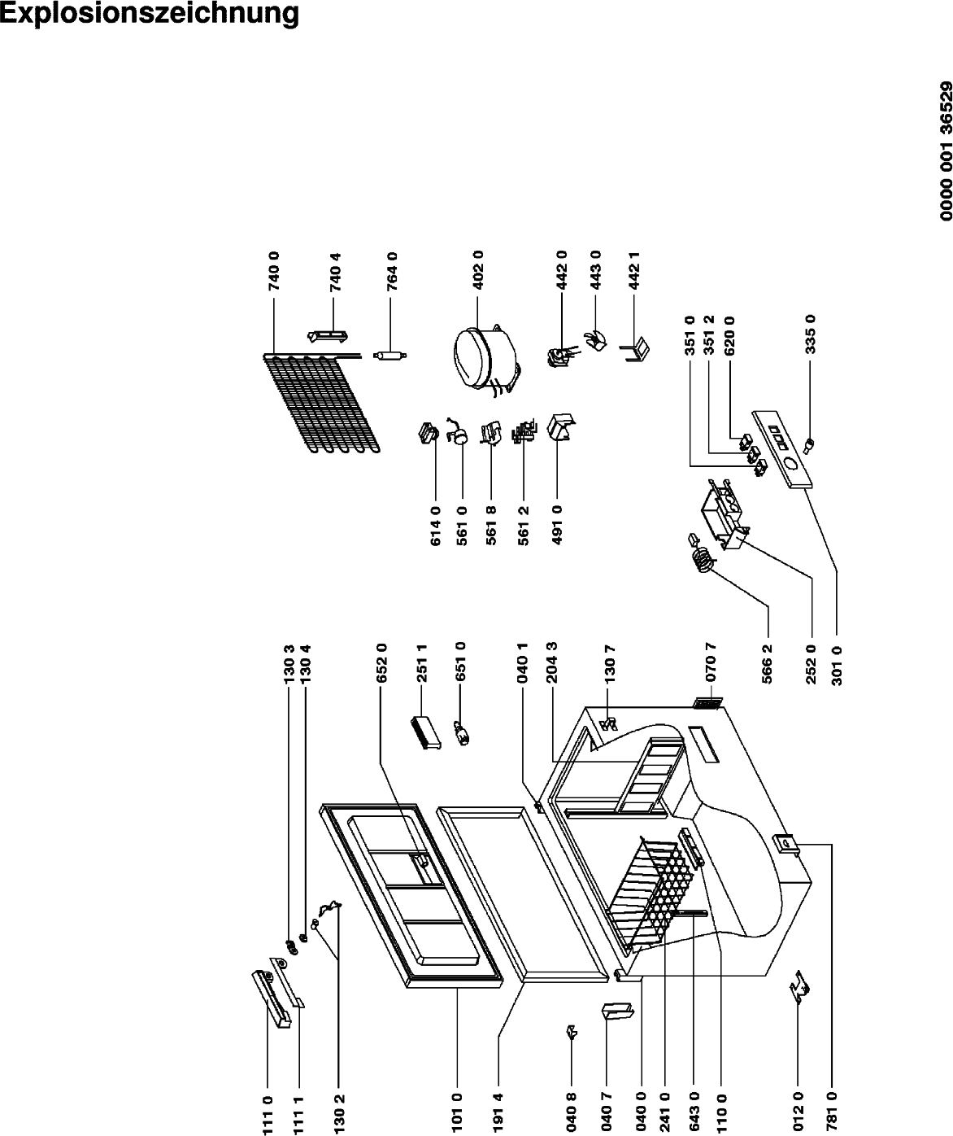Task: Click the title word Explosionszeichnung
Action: (x=150, y=13)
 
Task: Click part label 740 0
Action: (x=274, y=270)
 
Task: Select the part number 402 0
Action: (x=478, y=270)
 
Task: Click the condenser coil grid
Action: (x=320, y=403)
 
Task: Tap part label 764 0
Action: (x=392, y=271)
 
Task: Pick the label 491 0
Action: (x=557, y=525)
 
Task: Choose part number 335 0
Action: (x=810, y=334)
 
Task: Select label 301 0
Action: (x=838, y=666)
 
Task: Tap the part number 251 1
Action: (x=421, y=663)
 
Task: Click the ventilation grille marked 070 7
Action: (x=707, y=704)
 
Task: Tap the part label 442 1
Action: (x=634, y=270)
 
